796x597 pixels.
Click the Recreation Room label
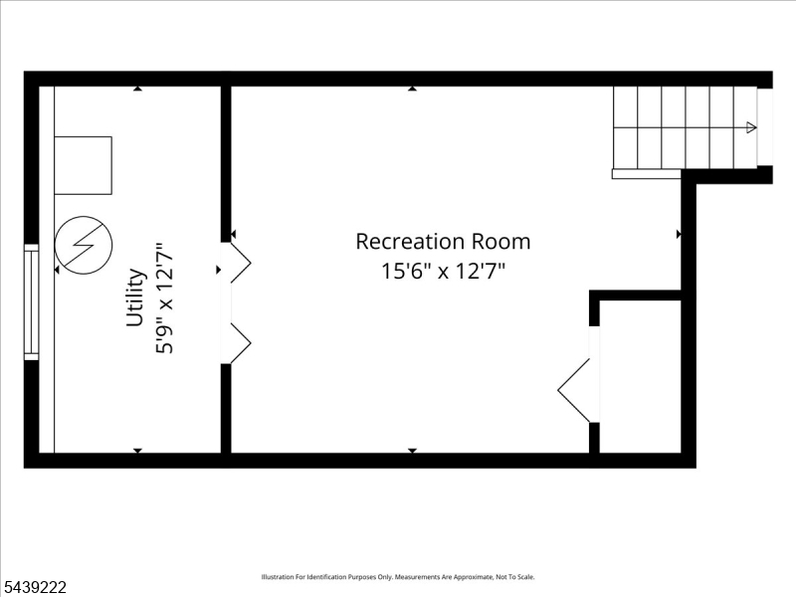point(443,242)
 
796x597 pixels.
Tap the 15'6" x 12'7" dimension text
point(443,271)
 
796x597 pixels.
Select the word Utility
point(135,298)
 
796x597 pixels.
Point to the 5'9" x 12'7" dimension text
point(164,298)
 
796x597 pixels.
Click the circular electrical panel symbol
point(84,245)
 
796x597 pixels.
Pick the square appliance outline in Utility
point(83,165)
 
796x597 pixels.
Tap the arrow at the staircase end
point(751,127)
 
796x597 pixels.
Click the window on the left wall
point(32,302)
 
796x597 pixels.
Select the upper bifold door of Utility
point(241,263)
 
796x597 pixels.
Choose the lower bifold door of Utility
point(241,343)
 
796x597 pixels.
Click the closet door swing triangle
point(574,390)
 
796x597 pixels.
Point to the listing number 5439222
point(34,587)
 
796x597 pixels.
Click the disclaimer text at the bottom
point(398,577)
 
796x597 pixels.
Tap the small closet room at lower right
point(640,376)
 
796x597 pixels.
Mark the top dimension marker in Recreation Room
point(412,89)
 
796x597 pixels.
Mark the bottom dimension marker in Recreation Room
point(412,451)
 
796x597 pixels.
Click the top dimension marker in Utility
point(137,89)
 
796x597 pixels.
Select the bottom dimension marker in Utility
point(137,451)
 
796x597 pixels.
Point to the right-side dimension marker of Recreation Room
point(679,234)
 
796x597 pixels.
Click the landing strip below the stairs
point(646,173)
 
